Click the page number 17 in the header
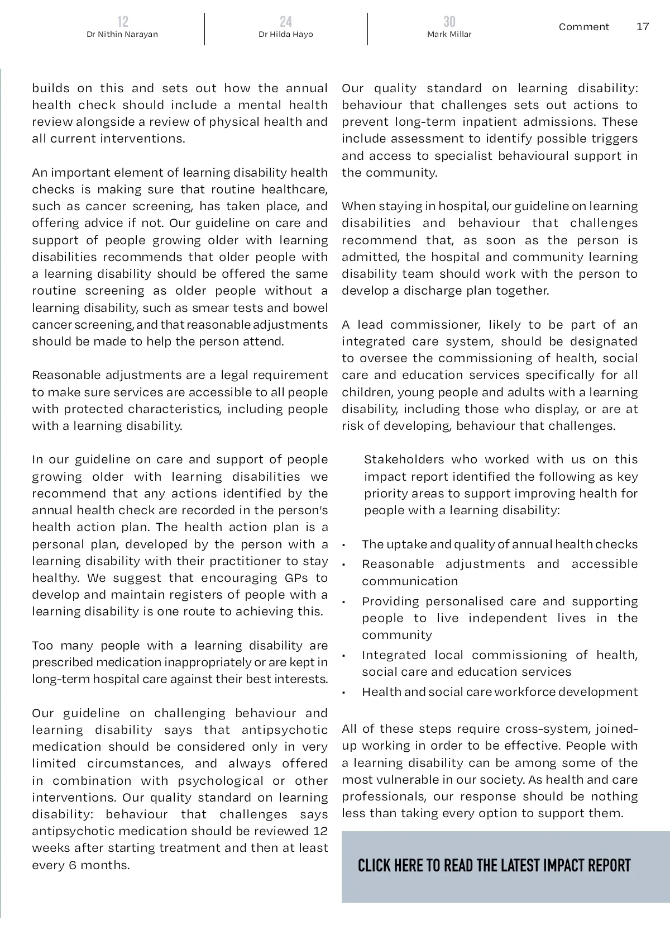tap(643, 27)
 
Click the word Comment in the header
tap(583, 27)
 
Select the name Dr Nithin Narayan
tap(122, 35)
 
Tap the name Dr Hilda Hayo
tap(285, 35)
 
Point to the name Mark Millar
tap(449, 35)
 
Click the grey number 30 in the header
tap(449, 22)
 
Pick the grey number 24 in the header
tap(285, 22)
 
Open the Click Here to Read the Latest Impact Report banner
tap(494, 866)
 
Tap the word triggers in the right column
tap(613, 139)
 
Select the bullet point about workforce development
tap(499, 692)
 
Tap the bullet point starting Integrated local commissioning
tap(499, 663)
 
